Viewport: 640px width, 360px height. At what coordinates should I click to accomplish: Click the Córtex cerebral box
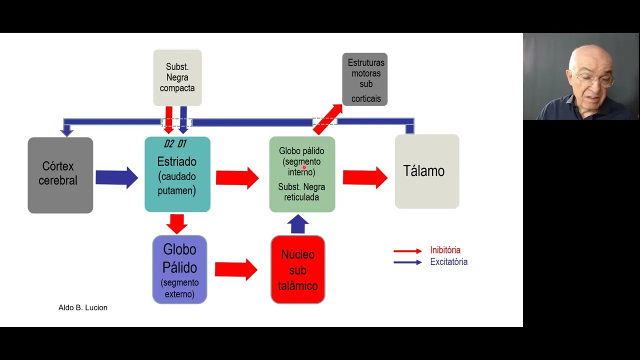[60, 175]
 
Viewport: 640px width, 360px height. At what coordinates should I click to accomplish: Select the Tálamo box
[426, 171]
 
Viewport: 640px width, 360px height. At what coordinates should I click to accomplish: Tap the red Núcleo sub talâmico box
[297, 269]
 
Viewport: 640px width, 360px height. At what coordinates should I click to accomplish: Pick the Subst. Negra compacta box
[177, 77]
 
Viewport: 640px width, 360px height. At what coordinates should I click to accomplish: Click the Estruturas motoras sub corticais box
[365, 79]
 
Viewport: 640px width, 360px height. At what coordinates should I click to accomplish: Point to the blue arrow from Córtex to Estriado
[116, 177]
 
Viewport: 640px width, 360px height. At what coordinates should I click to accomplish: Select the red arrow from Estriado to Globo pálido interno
[237, 178]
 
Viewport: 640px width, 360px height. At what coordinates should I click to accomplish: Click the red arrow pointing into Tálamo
[365, 177]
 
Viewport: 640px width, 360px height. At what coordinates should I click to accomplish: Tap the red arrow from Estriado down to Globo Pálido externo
[176, 223]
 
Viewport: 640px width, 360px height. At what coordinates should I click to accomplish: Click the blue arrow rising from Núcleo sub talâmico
[298, 224]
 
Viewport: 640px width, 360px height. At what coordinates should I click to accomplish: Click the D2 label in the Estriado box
[168, 144]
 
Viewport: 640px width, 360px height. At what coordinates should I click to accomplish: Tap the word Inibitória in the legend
[445, 250]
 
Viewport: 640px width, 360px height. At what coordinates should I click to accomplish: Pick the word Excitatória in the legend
[448, 261]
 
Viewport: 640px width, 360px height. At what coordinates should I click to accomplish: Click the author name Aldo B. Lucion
[83, 307]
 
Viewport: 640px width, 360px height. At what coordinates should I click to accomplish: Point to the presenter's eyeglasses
[594, 80]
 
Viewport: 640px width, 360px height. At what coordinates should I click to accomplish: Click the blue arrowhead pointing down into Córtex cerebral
[66, 131]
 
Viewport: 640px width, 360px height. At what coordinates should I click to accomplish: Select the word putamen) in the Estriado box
[176, 190]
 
